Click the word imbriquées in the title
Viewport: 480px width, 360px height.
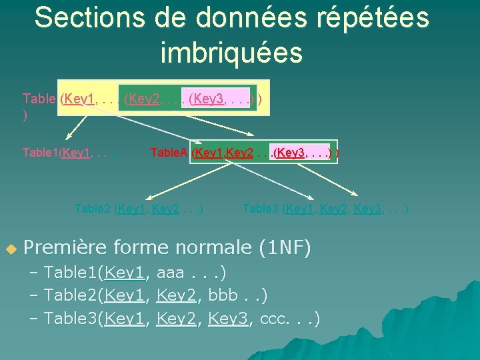point(231,52)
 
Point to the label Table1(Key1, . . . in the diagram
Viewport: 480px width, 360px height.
point(70,153)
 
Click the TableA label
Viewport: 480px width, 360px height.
point(169,153)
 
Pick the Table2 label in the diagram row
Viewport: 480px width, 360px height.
point(93,209)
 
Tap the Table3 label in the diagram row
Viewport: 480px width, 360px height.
point(261,209)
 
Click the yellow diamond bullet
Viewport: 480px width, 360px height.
point(10,249)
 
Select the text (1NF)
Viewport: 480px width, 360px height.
point(285,248)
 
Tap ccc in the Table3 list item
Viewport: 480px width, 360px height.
point(275,319)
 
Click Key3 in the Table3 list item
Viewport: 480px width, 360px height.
point(227,319)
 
